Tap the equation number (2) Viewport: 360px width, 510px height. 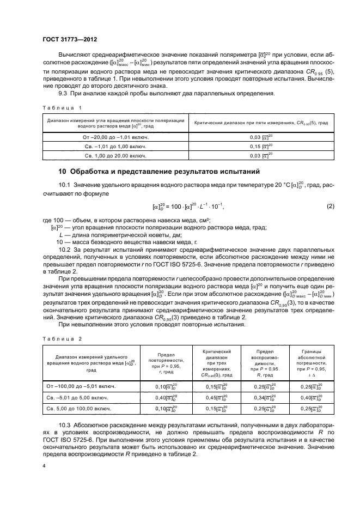pyautogui.click(x=330, y=207)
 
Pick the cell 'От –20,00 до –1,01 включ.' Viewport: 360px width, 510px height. pyautogui.click(x=113, y=137)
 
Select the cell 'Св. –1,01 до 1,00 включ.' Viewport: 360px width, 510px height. pyautogui.click(x=113, y=147)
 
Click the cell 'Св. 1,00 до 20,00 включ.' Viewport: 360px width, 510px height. pyautogui.click(x=113, y=156)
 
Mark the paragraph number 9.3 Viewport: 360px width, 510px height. pyautogui.click(x=63, y=93)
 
